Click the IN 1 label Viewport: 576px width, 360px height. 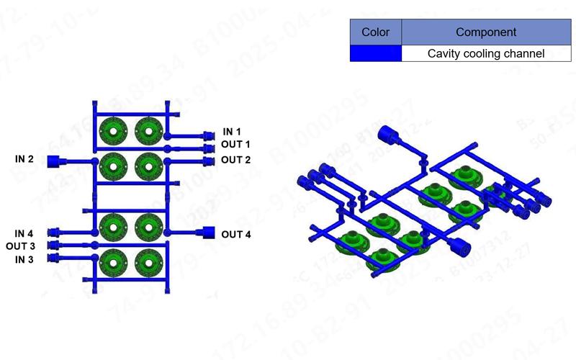pyautogui.click(x=232, y=132)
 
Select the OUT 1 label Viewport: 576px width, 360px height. pyautogui.click(x=235, y=145)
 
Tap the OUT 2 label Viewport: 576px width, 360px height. pyautogui.click(x=235, y=160)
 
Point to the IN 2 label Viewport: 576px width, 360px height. pyautogui.click(x=24, y=158)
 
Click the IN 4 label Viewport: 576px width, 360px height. pyautogui.click(x=24, y=233)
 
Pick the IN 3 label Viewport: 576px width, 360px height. pyautogui.click(x=24, y=259)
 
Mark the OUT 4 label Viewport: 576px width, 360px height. pyautogui.click(x=235, y=234)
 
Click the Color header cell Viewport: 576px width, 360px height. pyautogui.click(x=375, y=32)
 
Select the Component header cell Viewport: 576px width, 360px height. pyautogui.click(x=486, y=32)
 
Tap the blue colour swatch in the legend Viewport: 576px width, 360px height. pyautogui.click(x=375, y=53)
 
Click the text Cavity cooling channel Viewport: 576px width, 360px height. pyautogui.click(x=486, y=53)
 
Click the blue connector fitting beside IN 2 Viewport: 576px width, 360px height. pyautogui.click(x=53, y=161)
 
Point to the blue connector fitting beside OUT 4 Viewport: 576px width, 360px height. pyautogui.click(x=209, y=233)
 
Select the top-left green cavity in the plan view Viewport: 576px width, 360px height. pyautogui.click(x=113, y=130)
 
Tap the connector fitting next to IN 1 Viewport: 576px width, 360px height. pyautogui.click(x=210, y=135)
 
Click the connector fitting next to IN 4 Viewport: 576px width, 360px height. pyautogui.click(x=53, y=233)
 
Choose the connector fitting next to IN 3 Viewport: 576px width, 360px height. pyautogui.click(x=53, y=258)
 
